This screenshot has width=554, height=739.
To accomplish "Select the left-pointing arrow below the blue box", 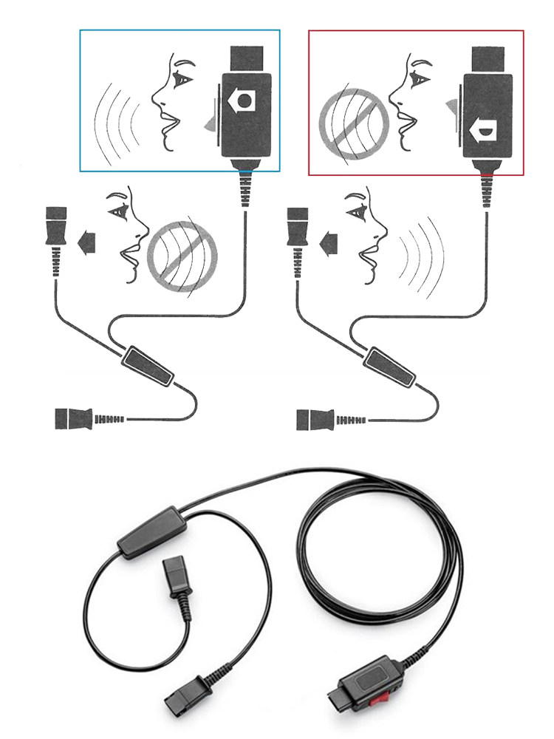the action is pyautogui.click(x=88, y=238).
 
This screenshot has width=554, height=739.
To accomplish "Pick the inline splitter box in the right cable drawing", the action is pyautogui.click(x=389, y=367).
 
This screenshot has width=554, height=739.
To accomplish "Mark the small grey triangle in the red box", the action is pyautogui.click(x=448, y=108).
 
